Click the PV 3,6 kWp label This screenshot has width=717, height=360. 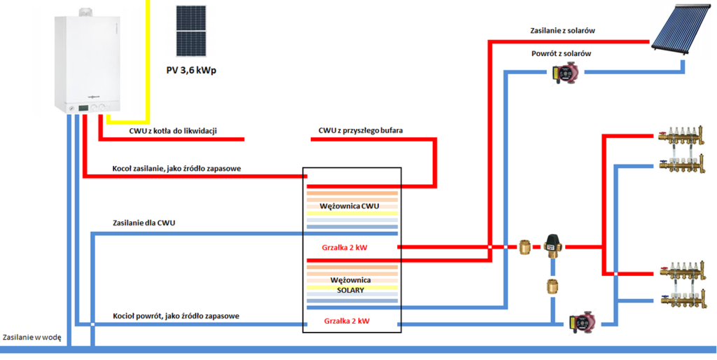pyautogui.click(x=191, y=71)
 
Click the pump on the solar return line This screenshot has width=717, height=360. pyautogui.click(x=564, y=72)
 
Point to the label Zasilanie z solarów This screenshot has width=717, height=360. pyautogui.click(x=562, y=31)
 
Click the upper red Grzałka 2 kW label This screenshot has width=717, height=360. pyautogui.click(x=345, y=247)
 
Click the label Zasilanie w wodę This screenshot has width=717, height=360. pyautogui.click(x=32, y=338)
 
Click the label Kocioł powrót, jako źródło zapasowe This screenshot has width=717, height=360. pyautogui.click(x=176, y=316)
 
